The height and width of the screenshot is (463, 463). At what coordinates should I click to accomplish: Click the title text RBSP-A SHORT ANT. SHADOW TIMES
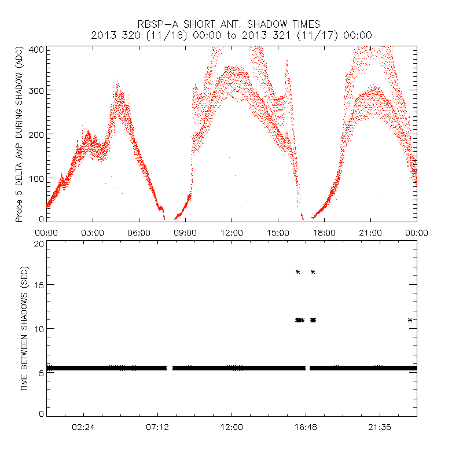coord(231,24)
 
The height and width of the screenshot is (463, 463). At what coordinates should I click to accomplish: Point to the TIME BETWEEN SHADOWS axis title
coord(24,329)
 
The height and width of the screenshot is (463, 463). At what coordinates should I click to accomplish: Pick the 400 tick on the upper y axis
coord(36,50)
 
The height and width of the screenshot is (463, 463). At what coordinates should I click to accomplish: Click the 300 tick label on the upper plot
coord(36,91)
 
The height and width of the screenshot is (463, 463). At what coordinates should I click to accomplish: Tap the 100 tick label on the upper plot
coord(36,177)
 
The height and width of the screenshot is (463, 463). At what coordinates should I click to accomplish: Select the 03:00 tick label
coord(93,232)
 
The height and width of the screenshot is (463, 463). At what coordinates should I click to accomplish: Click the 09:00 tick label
coord(185,232)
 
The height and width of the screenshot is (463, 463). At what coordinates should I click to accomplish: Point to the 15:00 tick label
coord(278,232)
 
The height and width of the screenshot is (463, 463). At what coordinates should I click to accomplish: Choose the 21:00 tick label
coord(370,232)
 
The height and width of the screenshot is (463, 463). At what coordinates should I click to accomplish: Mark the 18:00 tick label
coord(324,232)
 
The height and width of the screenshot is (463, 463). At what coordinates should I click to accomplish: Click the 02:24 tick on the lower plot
coord(83,427)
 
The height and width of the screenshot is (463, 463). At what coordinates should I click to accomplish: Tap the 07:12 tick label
coord(157,427)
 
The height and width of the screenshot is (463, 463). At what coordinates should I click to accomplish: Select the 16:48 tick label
coord(306,427)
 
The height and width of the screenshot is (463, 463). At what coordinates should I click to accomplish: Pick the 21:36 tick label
coord(380,427)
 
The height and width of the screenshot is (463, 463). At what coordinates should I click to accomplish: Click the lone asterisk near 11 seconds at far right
coord(410,320)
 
